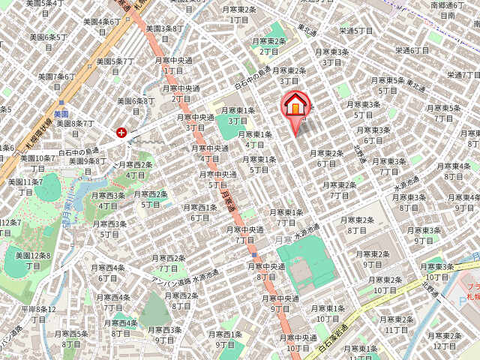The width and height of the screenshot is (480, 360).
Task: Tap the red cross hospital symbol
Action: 121,132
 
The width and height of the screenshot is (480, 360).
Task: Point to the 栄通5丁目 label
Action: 356,31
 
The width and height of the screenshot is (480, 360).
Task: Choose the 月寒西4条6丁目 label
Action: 109,272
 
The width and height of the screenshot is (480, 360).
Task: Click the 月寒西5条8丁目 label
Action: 71,339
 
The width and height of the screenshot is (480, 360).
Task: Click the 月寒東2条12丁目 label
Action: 444,340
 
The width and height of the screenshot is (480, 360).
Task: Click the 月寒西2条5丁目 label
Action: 151,199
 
